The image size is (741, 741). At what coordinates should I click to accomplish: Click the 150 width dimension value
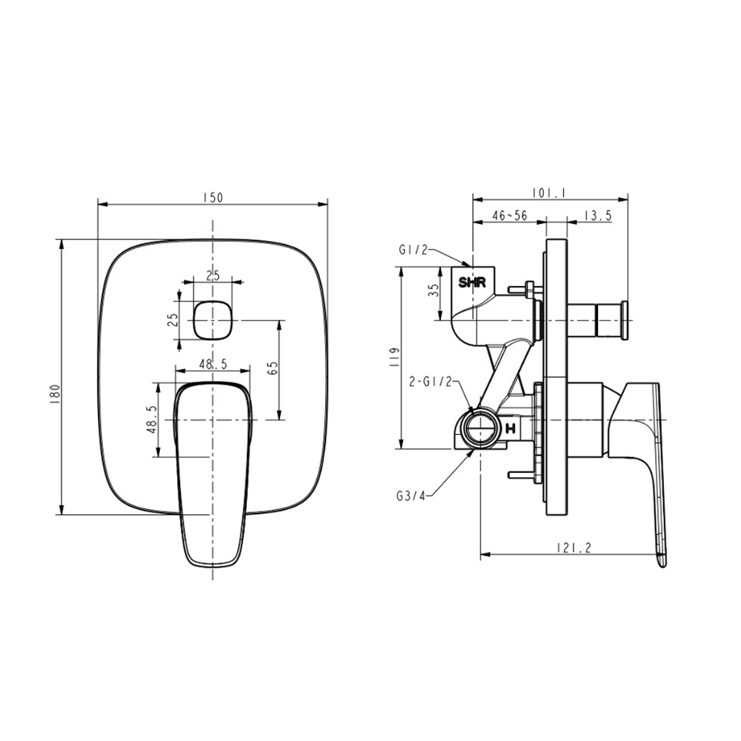pos(213,197)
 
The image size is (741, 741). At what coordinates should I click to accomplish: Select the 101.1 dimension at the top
pos(549,193)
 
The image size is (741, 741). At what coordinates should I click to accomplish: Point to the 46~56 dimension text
pos(509,216)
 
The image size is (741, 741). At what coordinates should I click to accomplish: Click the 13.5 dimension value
pos(597,216)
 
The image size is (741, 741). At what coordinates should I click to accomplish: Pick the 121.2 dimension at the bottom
pos(571,548)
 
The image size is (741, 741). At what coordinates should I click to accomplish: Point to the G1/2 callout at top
pos(413,250)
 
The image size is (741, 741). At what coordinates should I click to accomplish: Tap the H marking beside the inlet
pos(511,428)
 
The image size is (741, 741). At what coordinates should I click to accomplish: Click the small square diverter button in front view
pos(213,321)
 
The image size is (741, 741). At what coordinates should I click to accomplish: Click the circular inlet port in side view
pos(479,428)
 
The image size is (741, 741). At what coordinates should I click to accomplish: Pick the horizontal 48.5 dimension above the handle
pos(213,364)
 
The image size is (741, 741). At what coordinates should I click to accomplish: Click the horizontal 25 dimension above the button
pos(213,276)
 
